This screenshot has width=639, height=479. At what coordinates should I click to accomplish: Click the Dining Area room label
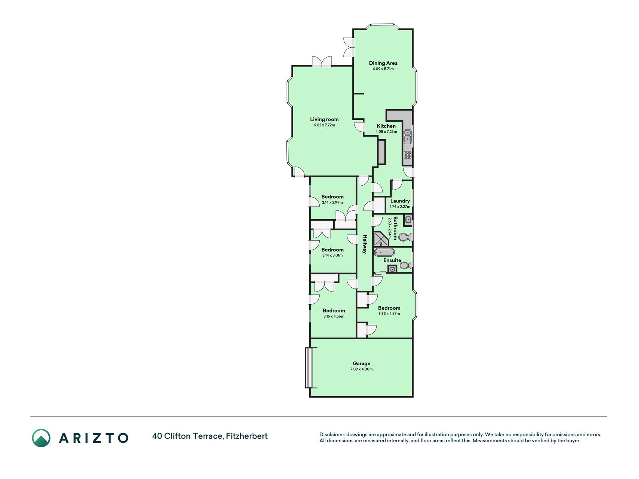[383, 63]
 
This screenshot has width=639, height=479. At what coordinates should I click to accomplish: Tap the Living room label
[324, 119]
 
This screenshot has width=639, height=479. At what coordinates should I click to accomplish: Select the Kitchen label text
[386, 126]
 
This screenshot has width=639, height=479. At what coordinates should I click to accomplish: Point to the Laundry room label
[400, 201]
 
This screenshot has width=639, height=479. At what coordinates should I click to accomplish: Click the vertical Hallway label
[364, 244]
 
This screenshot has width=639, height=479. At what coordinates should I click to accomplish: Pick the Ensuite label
[392, 260]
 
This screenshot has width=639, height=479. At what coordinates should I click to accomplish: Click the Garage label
[362, 363]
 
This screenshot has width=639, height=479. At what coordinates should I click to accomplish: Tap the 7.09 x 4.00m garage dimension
[362, 369]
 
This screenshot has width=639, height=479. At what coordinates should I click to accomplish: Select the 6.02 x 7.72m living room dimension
[324, 125]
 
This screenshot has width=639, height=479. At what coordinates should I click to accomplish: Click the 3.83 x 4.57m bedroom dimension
[389, 314]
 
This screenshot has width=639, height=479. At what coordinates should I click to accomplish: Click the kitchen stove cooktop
[408, 155]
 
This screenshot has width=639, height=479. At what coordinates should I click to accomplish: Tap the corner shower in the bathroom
[381, 239]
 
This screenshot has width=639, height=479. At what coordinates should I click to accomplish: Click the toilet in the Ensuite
[406, 266]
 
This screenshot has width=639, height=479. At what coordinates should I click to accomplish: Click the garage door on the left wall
[308, 368]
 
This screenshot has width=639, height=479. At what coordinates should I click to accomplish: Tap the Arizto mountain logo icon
[41, 438]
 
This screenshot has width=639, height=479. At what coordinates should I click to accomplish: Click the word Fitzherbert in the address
[247, 436]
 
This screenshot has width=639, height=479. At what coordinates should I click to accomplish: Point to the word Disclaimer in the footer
[332, 434]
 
